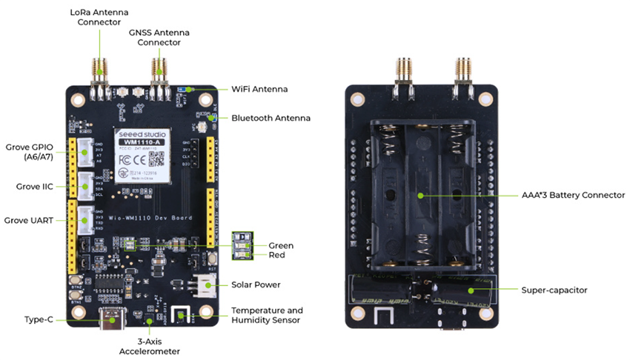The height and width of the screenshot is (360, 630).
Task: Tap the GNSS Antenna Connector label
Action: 159,37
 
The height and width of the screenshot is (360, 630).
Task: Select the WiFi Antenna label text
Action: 259,89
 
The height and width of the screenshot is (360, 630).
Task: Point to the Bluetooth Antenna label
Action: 271,118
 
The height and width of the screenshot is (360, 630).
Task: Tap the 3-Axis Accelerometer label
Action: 149,346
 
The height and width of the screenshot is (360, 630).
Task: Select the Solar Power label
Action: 256,284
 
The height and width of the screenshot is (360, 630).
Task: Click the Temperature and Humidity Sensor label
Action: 267,315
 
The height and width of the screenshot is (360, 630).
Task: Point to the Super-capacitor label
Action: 554,290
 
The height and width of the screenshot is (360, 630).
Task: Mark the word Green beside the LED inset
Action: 281,245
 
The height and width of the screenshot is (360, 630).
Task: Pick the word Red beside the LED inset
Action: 276,255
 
